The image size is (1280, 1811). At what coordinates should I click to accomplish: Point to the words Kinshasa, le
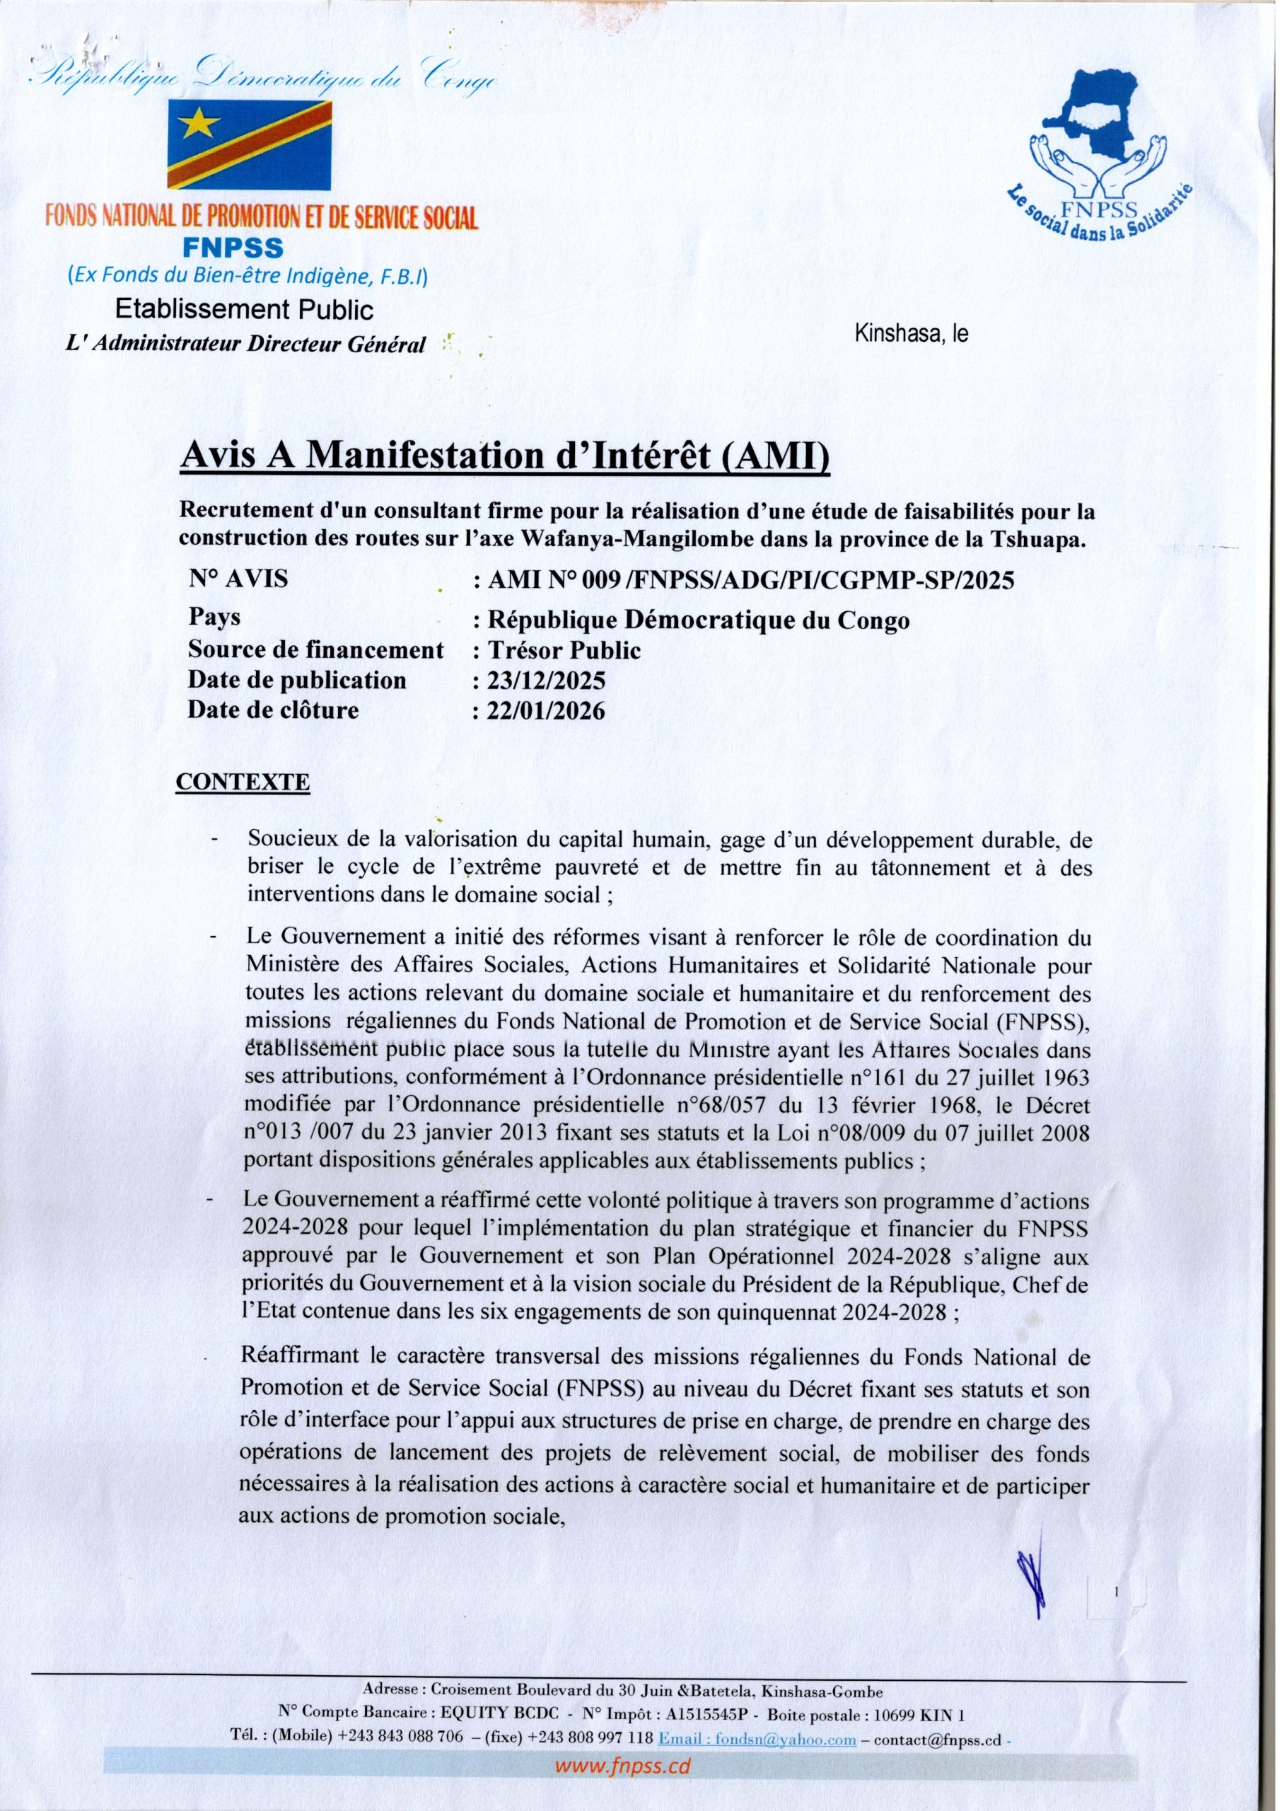911,334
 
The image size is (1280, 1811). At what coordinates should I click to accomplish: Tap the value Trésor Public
564,650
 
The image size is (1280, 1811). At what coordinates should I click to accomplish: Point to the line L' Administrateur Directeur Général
245,344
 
